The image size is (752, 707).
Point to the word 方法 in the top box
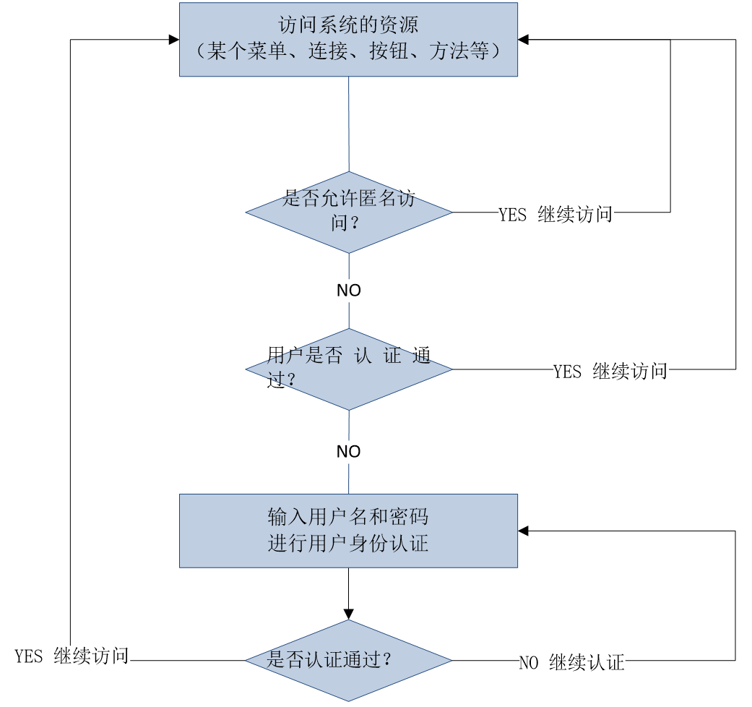[x=449, y=51]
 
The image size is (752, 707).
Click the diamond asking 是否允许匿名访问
[x=348, y=213]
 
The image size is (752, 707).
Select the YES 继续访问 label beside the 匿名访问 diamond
[x=556, y=215]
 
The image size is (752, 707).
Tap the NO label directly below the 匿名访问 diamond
[x=348, y=291]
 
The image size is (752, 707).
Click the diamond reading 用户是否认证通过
[x=348, y=369]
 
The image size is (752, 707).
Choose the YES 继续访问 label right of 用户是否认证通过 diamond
[x=610, y=372]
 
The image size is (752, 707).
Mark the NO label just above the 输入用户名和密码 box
[x=348, y=452]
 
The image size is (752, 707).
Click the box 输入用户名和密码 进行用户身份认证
[x=348, y=530]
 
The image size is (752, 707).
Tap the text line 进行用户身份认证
[x=348, y=544]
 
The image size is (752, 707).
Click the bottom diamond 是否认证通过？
[x=348, y=660]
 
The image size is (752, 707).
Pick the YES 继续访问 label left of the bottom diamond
[x=72, y=656]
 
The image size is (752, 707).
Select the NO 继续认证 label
[x=571, y=663]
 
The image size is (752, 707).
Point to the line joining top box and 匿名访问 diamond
[x=349, y=123]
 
